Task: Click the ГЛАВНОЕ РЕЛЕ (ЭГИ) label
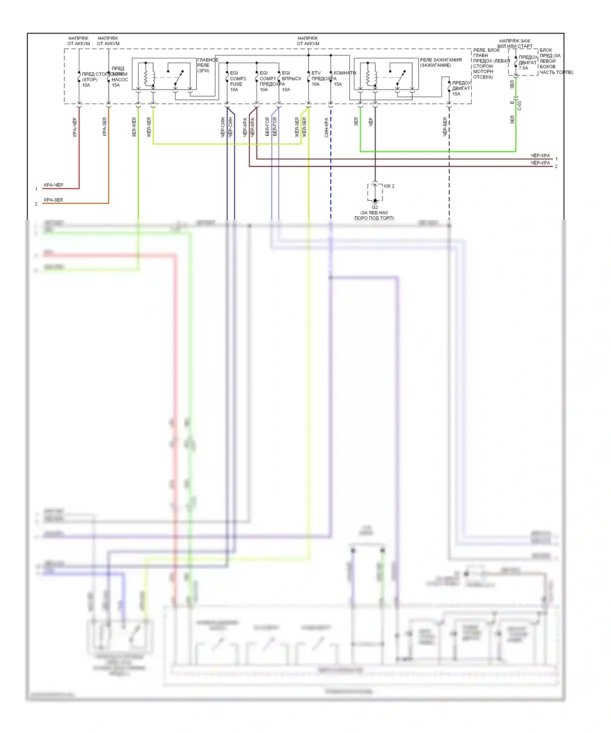click(207, 65)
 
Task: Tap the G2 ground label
click(375, 207)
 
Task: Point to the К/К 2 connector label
click(389, 186)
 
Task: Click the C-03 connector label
click(519, 106)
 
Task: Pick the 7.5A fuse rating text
click(523, 68)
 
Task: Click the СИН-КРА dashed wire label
click(327, 128)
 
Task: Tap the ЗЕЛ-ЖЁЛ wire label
click(134, 127)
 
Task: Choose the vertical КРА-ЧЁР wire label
click(75, 127)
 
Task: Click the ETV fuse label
click(316, 73)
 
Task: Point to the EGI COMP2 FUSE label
click(237, 79)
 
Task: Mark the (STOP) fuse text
click(90, 79)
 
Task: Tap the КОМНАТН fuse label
click(345, 73)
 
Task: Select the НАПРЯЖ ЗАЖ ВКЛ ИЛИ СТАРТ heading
click(515, 44)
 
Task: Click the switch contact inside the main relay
click(179, 77)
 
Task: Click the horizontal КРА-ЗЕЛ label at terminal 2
click(53, 200)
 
